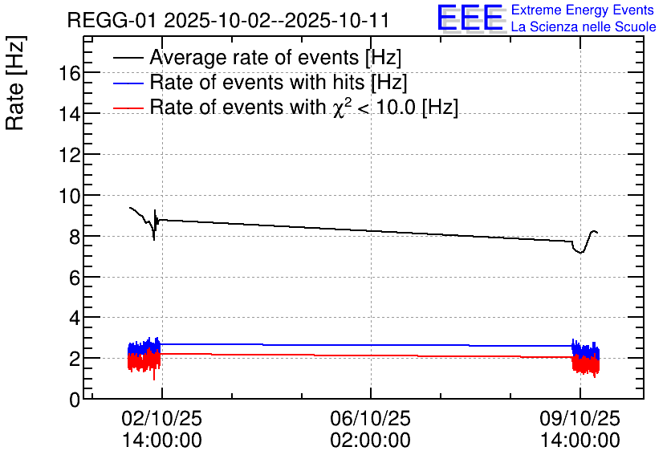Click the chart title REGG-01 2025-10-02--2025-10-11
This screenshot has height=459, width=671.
pos(228,20)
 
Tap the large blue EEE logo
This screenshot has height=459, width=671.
pos(470,18)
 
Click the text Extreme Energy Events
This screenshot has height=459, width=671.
pos(584,10)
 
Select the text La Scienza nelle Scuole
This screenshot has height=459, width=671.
pos(584,27)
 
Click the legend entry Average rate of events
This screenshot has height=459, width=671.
pos(275,58)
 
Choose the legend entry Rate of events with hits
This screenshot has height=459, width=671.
pos(279,83)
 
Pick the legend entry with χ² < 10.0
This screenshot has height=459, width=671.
pos(304,107)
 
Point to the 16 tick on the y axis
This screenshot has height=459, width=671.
pos(69,73)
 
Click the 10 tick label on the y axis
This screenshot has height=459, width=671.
pos(69,196)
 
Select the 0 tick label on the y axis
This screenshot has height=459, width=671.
pos(74,400)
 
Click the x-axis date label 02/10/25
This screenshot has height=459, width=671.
pos(162,419)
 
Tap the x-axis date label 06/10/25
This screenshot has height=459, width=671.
pos(371,419)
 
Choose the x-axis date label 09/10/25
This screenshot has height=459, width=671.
pos(579,419)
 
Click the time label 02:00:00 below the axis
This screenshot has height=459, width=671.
pos(371,441)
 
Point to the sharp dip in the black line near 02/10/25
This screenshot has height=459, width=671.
pos(154,238)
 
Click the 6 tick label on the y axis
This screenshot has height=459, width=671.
pos(74,278)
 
